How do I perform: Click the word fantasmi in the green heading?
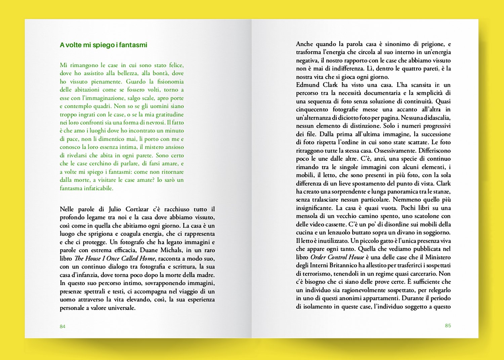[x=133, y=45]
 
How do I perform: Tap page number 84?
[x=62, y=326]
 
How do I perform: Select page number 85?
[x=448, y=325]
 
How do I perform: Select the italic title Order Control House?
[x=337, y=257]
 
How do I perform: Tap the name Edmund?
[x=307, y=85]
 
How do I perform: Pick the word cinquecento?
[x=312, y=109]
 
